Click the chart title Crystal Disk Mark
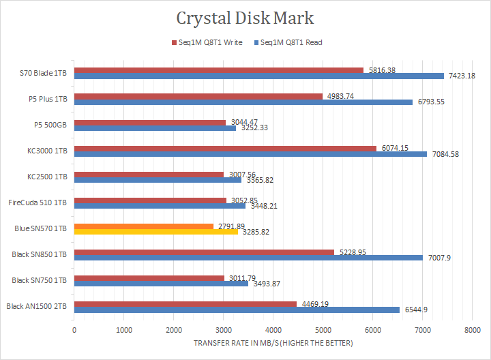pos(245,18)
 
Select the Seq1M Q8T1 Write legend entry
pos(207,42)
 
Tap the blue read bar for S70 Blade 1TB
pos(259,76)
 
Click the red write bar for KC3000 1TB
pos(225,148)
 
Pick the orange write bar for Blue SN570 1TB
pos(143,226)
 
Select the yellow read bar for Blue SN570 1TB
pos(155,232)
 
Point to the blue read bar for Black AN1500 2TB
pos(237,310)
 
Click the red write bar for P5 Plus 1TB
pos(198,96)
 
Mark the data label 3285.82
pos(256,232)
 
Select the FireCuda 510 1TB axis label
pos(38,202)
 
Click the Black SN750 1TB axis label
pos(39,280)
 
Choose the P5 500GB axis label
pos(50,125)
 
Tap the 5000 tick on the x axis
pos(323,331)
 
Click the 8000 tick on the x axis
pos(472,331)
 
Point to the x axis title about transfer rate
pos(272,342)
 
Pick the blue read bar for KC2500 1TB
pos(158,180)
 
